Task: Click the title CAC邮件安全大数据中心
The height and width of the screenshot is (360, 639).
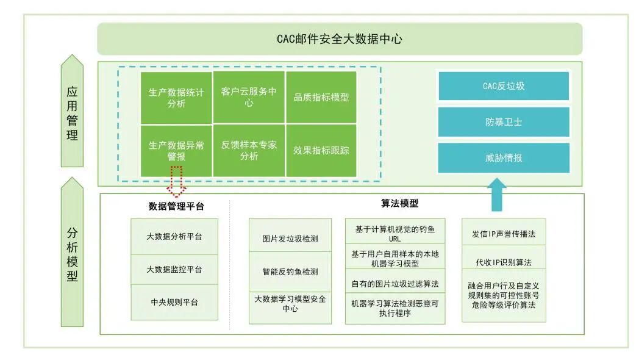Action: point(340,40)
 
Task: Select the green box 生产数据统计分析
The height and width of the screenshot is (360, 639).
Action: point(176,98)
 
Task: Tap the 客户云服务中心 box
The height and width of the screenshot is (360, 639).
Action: point(249,98)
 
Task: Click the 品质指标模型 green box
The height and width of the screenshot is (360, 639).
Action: point(321,98)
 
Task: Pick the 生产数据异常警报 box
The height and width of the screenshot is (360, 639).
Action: point(176,150)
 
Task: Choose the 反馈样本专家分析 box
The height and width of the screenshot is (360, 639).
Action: point(249,150)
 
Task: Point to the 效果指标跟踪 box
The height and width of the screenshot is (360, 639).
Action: point(321,150)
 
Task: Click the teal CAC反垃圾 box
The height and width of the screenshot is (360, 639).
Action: point(504,86)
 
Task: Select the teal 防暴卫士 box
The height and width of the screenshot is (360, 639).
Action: point(504,122)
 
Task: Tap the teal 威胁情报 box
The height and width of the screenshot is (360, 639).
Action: point(504,157)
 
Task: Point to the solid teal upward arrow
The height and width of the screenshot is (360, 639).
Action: point(498,194)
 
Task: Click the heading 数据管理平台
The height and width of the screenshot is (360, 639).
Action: point(176,206)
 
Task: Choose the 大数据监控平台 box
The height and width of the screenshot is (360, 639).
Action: point(174,269)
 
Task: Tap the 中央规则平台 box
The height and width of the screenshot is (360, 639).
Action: point(174,302)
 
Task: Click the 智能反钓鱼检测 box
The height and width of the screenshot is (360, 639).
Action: point(290,272)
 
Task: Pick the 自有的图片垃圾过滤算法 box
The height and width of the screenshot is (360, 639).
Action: point(395,284)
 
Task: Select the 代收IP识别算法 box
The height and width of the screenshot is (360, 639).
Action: point(504,262)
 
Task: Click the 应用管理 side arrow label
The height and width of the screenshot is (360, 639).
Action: point(73,113)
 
